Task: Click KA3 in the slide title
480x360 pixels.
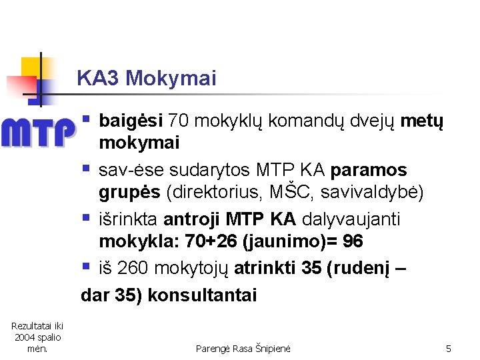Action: click(x=98, y=79)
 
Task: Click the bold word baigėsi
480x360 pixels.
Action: click(x=131, y=121)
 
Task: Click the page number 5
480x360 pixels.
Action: click(x=449, y=348)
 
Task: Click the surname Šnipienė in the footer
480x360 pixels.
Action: click(x=273, y=348)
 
